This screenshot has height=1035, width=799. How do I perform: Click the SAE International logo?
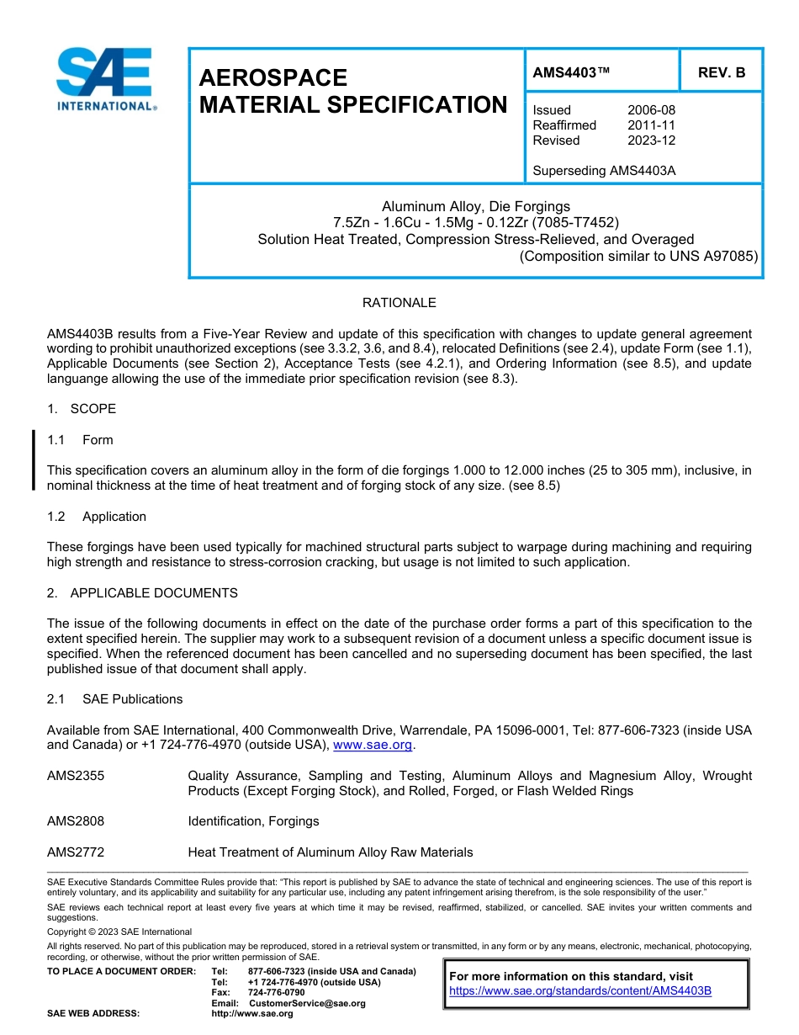[x=104, y=79]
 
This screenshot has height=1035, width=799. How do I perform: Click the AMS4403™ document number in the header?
[x=571, y=72]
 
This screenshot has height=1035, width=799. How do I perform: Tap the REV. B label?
[x=721, y=72]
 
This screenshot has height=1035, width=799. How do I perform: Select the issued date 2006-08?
[x=651, y=110]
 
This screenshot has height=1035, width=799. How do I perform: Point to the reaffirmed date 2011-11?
[x=651, y=125]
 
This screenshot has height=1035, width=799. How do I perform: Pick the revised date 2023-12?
[x=651, y=141]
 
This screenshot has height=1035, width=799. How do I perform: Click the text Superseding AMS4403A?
[x=604, y=171]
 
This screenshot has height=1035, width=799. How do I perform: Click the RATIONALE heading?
[x=399, y=303]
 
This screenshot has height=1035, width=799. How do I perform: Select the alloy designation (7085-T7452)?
[x=577, y=223]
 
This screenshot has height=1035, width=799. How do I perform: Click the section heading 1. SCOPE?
[x=82, y=409]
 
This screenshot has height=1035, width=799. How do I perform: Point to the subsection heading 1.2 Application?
[x=97, y=517]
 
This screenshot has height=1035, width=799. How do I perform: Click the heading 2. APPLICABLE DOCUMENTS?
[x=142, y=593]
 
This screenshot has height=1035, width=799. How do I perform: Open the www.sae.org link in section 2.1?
[x=373, y=746]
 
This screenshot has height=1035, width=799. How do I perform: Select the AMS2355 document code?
[x=76, y=776]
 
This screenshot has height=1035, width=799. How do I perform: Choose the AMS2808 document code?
[x=76, y=821]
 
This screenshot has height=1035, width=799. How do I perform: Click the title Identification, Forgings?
[x=253, y=821]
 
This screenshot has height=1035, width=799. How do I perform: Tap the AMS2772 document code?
[x=76, y=852]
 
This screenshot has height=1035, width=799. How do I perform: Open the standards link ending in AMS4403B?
[x=580, y=991]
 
